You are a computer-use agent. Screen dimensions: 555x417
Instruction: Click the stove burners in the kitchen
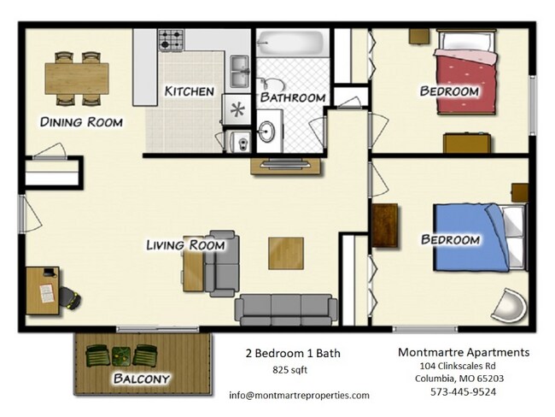(x=172, y=39)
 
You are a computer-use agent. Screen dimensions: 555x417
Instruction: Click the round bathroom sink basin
(x=266, y=132)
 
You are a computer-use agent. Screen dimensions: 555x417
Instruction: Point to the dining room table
(x=77, y=79)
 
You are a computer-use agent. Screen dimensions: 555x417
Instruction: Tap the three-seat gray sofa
(x=286, y=309)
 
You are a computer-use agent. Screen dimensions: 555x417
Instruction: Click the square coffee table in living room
(x=286, y=253)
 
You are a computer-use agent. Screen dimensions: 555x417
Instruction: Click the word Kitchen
(x=190, y=91)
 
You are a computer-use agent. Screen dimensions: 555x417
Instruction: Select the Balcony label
(x=141, y=379)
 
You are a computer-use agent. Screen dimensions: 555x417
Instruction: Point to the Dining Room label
(x=81, y=122)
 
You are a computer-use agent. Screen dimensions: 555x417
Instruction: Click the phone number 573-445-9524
(x=464, y=391)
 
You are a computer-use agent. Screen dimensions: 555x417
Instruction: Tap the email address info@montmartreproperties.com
(x=299, y=395)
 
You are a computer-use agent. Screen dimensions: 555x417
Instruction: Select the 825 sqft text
(x=290, y=370)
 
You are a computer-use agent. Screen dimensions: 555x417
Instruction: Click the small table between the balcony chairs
(x=121, y=356)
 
